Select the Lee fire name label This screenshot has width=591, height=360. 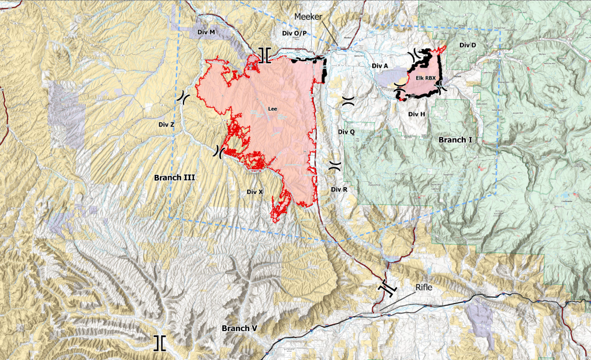click(x=273, y=108)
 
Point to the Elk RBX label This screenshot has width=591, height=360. click(x=421, y=77)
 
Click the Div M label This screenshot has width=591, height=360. click(x=206, y=32)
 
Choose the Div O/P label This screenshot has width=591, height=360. click(x=294, y=33)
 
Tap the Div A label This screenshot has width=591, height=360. click(x=380, y=66)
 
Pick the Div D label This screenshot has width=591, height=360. click(x=467, y=45)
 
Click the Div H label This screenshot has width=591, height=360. click(x=416, y=114)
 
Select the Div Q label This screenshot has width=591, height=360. click(x=346, y=132)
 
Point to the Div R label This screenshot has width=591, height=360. click(x=339, y=189)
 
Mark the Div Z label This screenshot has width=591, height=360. click(x=166, y=124)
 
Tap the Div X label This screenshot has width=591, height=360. click(x=255, y=192)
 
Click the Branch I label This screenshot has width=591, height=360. click(x=455, y=140)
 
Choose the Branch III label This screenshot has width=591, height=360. click(x=173, y=178)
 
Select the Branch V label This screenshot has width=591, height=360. click(x=239, y=328)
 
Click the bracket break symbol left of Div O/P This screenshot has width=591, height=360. click(x=264, y=55)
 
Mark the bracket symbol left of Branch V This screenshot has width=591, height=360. click(x=159, y=343)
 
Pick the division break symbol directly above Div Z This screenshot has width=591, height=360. click(x=182, y=97)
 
